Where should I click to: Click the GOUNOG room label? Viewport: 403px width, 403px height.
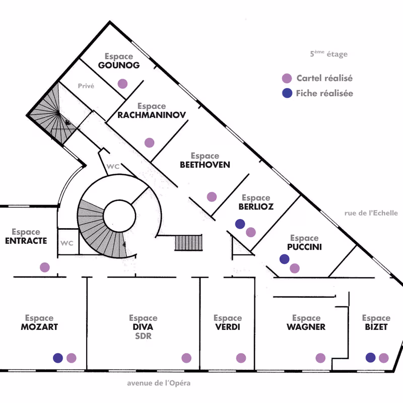coord(119,65)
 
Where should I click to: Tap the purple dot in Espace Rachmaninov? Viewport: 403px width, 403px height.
coord(149,143)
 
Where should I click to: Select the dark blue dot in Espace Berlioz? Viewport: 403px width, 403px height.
coord(240,224)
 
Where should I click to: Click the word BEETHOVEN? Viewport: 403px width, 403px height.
coord(205,165)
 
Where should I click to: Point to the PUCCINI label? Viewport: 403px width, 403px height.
coord(304,247)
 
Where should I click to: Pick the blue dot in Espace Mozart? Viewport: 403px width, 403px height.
coord(58,358)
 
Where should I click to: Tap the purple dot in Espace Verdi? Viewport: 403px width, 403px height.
coord(241,358)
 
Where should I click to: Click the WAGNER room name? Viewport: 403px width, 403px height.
coord(306,327)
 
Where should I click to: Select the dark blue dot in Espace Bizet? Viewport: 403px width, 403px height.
coord(371,358)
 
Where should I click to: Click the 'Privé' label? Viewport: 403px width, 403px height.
coord(86,86)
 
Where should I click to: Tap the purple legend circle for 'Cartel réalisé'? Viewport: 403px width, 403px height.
coord(287,79)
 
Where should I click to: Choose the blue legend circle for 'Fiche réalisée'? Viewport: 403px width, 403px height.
coord(287,93)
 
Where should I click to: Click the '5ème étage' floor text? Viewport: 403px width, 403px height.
coord(329,54)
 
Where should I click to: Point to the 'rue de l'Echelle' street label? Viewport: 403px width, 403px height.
coord(371,213)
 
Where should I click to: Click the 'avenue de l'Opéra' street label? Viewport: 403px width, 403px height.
coord(159,383)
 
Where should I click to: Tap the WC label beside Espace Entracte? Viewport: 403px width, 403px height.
coord(67,243)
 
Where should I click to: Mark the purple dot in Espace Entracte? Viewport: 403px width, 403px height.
coord(45,267)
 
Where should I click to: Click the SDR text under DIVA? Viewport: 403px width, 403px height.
coord(143,336)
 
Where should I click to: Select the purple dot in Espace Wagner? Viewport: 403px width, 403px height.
coord(320,358)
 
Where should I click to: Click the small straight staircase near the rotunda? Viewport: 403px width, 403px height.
coord(188,242)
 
